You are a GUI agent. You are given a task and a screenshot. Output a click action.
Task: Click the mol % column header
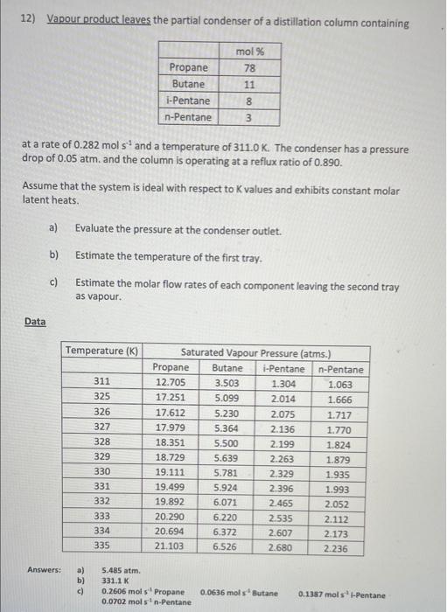pyautogui.click(x=251, y=52)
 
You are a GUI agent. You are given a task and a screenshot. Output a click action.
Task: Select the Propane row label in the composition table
pyautogui.click(x=189, y=68)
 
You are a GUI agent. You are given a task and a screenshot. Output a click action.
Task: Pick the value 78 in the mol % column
pyautogui.click(x=250, y=68)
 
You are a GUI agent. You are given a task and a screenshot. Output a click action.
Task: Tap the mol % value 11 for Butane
pyautogui.click(x=250, y=84)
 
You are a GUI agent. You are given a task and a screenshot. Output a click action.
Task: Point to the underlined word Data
pyautogui.click(x=35, y=322)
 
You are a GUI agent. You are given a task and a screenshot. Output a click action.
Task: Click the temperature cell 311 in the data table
pyautogui.click(x=102, y=383)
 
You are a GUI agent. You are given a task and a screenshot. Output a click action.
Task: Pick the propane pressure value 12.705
pyautogui.click(x=170, y=383)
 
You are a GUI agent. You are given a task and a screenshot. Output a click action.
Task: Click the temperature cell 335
pyautogui.click(x=102, y=546)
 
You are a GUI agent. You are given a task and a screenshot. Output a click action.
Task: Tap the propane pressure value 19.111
pyautogui.click(x=170, y=473)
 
